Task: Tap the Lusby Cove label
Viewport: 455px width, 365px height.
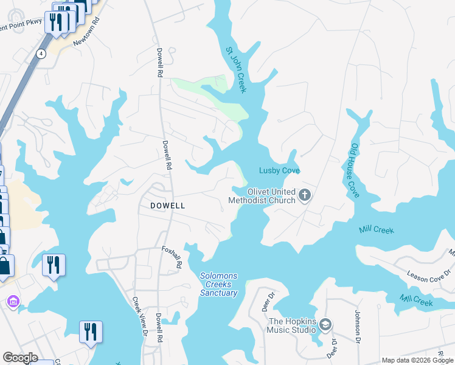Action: tap(279, 170)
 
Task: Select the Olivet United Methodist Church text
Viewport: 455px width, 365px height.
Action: tap(262, 196)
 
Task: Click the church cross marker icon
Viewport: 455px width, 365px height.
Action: tap(305, 196)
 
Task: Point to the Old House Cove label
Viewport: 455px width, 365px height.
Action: tap(355, 170)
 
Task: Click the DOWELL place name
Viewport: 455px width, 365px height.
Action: tap(167, 206)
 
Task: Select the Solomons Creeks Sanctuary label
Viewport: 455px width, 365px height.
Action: tap(218, 285)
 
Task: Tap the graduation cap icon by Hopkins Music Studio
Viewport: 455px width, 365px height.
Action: tap(325, 325)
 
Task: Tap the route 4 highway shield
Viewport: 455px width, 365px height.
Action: tap(41, 54)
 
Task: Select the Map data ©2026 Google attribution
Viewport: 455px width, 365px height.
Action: tap(417, 360)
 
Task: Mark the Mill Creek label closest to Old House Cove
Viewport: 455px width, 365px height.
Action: tap(377, 229)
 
